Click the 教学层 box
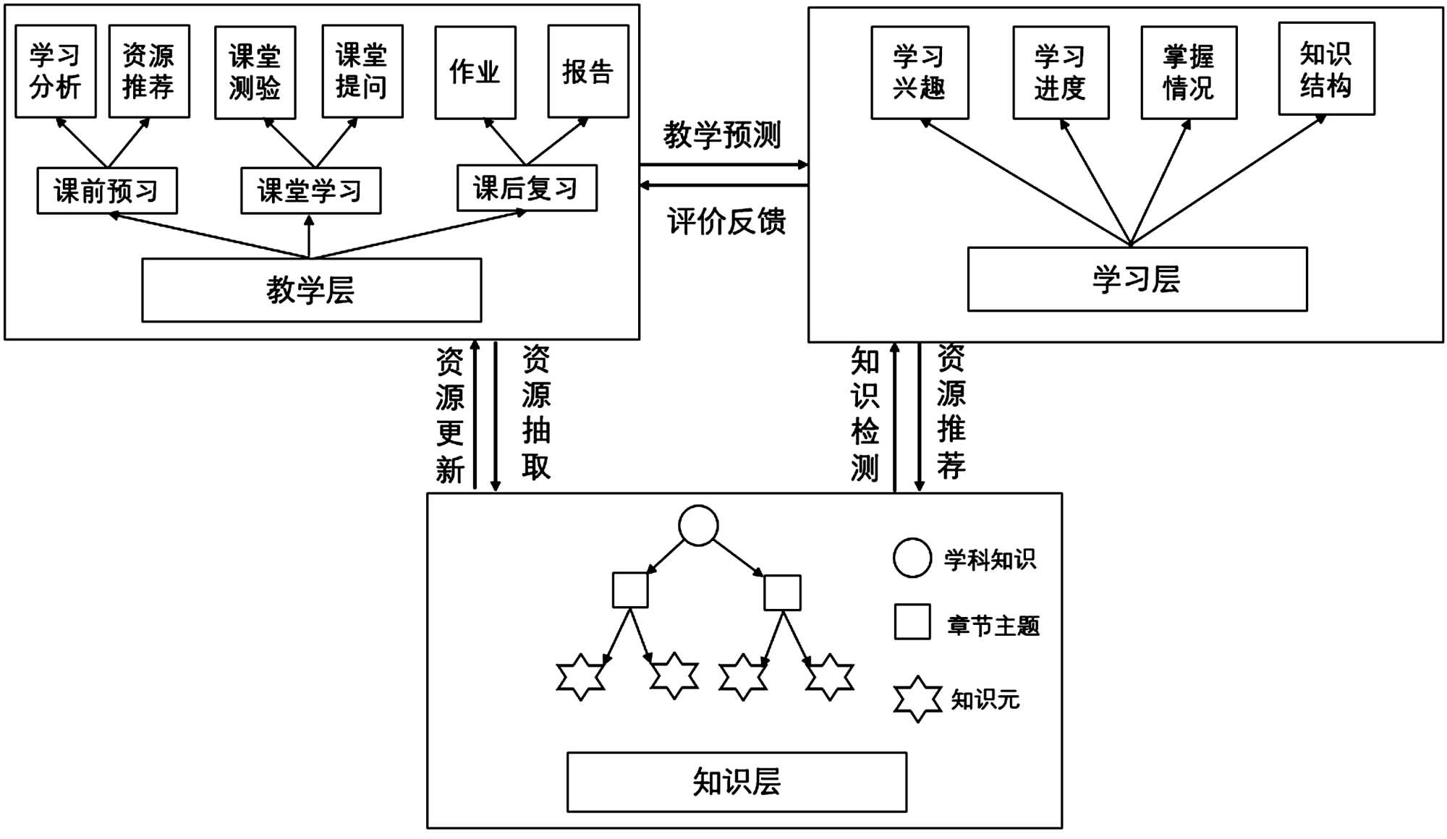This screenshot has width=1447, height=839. pos(311,290)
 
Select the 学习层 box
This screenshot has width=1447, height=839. pos(1137,279)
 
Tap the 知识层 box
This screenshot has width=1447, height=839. pos(737,782)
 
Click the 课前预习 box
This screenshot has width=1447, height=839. pos(107,191)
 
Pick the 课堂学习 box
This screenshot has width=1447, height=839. pos(310,191)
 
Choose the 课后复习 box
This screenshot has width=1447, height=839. pos(527,188)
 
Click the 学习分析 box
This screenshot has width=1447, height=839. pos(56,71)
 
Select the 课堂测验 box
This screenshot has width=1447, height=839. pos(255,72)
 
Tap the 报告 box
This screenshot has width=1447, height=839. pos(587,71)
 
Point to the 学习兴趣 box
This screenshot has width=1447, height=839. pos(919,72)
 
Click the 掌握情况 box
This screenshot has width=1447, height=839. pos(1188,72)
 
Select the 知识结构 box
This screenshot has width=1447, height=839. pos(1325,69)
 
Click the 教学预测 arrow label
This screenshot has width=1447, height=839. pos(722,135)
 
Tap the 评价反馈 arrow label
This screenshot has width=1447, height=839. pos(726,221)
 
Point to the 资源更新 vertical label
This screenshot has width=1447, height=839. pos(450,415)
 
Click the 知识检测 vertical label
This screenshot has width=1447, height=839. pos(865,415)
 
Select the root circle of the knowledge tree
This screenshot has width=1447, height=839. pos(698,525)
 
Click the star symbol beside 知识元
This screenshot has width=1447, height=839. pos(917,699)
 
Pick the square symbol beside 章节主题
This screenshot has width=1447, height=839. pos(912,622)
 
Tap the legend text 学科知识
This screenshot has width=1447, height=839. pos(990,559)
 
